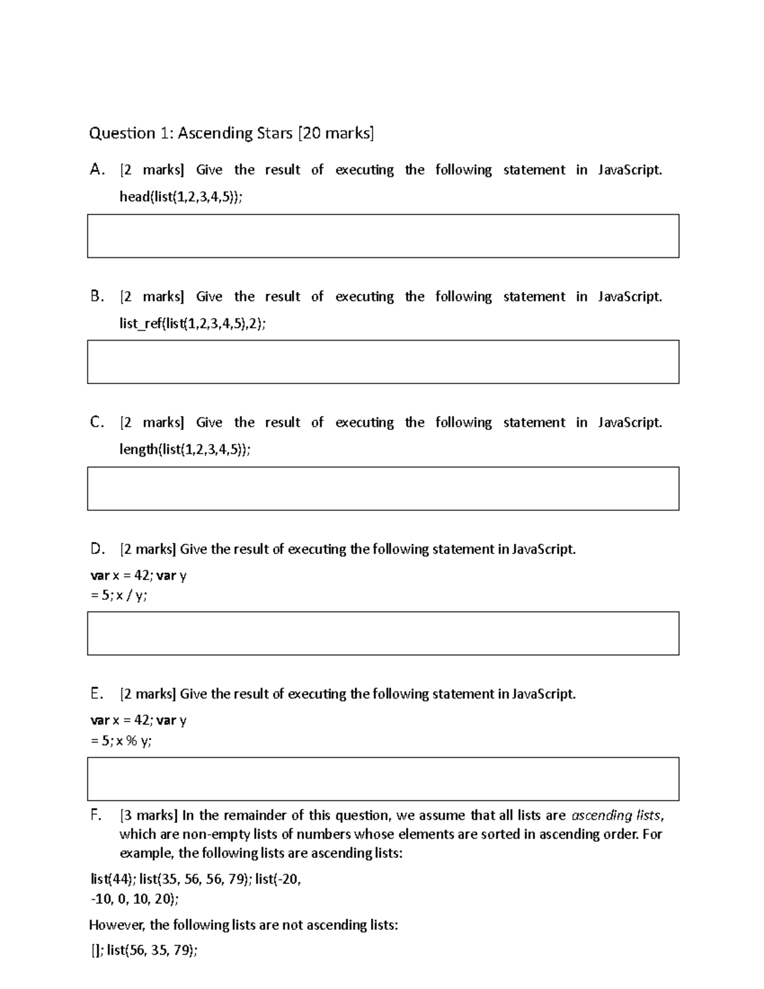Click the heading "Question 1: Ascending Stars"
[189, 133]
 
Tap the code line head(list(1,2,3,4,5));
[181, 197]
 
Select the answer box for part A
[383, 236]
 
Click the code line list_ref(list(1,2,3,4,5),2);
[192, 324]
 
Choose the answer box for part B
[383, 362]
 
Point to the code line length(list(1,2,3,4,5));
[185, 450]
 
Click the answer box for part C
[383, 488]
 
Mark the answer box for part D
[383, 633]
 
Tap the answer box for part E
[383, 778]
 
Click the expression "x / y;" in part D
[131, 595]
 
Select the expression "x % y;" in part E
[134, 741]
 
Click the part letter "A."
[97, 169]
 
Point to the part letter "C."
[97, 422]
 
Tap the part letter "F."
[96, 815]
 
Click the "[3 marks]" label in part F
[148, 815]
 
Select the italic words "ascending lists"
[616, 815]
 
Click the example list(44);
[113, 879]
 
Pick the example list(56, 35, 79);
[152, 951]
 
